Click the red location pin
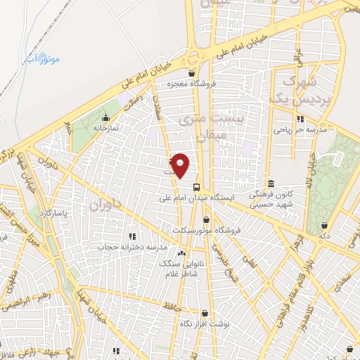click(181, 165)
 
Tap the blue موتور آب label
click(44, 58)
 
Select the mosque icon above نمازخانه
click(106, 118)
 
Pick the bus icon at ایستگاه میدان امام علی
click(196, 187)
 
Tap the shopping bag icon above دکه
click(324, 226)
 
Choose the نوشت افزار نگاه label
click(204, 323)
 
